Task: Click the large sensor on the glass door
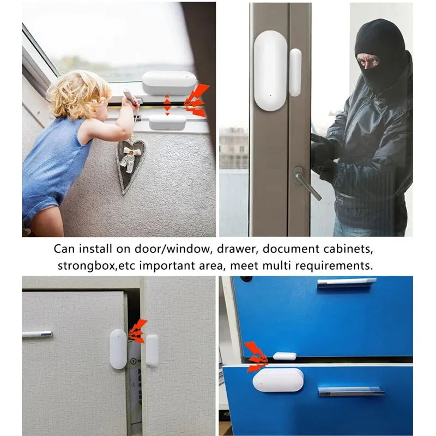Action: click(270, 71)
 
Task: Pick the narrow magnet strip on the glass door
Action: click(295, 72)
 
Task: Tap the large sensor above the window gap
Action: click(169, 83)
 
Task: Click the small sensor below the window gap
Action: click(167, 122)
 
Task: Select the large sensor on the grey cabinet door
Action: click(118, 349)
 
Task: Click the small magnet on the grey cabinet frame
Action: click(152, 350)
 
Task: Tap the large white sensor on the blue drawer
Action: click(278, 380)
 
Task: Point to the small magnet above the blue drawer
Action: click(284, 356)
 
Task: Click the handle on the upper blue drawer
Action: click(347, 282)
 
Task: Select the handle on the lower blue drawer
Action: click(352, 390)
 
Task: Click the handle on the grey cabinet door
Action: click(37, 334)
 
